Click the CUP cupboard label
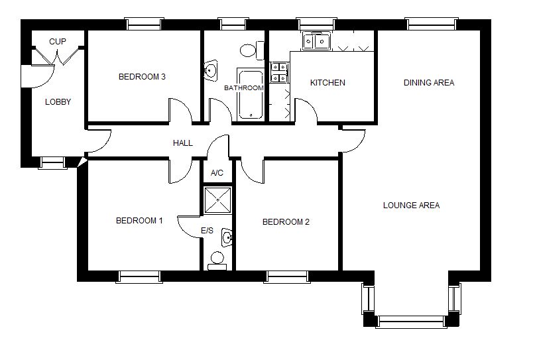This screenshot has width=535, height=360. [57, 42]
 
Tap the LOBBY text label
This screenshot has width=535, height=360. [58, 101]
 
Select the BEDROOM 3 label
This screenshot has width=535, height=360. [142, 77]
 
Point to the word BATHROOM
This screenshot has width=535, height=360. [244, 88]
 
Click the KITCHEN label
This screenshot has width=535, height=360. [327, 83]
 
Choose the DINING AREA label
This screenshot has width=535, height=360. [429, 83]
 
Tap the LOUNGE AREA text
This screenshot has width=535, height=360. [411, 206]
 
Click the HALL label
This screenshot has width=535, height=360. [182, 143]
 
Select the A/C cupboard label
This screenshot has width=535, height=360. [217, 173]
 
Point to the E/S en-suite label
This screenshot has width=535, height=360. [207, 231]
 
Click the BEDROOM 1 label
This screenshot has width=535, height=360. [139, 221]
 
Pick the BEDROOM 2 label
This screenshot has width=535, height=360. [286, 222]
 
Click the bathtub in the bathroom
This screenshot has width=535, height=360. [251, 94]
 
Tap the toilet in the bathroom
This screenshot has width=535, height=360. [252, 50]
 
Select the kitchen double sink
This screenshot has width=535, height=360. [316, 41]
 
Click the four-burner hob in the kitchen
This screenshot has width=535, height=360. [278, 73]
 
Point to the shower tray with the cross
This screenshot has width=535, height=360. [217, 200]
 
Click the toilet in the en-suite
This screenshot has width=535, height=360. [217, 261]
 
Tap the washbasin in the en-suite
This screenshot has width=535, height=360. [227, 237]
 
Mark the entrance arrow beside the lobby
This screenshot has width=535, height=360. [82, 162]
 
